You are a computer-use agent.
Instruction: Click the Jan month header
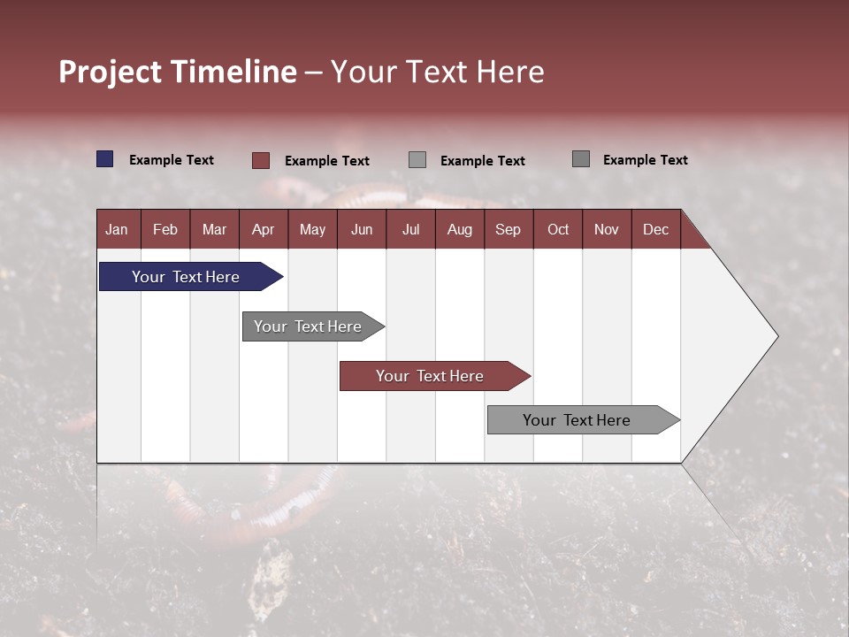(x=118, y=229)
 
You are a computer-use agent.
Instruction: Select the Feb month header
(x=165, y=229)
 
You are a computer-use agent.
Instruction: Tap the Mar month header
(x=214, y=229)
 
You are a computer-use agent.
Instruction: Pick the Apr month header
(x=264, y=229)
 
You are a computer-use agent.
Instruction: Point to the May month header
(x=312, y=229)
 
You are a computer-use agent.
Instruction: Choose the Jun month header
(x=362, y=229)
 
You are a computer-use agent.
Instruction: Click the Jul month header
(x=410, y=229)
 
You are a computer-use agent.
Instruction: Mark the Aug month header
(x=460, y=229)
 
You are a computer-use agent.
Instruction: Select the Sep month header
(x=509, y=229)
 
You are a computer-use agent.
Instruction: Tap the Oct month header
(x=558, y=229)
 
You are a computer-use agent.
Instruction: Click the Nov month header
(x=607, y=229)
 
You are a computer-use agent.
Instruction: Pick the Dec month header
(x=656, y=229)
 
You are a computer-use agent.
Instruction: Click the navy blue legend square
(x=105, y=159)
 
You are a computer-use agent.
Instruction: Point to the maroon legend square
(x=261, y=160)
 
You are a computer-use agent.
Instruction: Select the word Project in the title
(x=111, y=72)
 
